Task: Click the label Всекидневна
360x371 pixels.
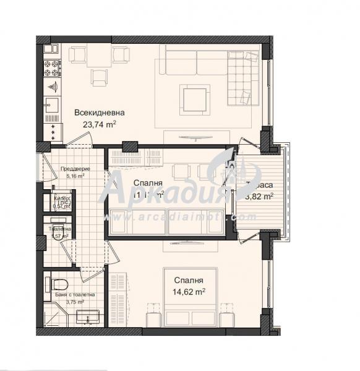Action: [100, 113]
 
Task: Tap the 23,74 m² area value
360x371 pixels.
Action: [100, 124]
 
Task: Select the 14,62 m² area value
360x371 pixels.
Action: [189, 290]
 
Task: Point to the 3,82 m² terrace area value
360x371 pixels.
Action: [260, 197]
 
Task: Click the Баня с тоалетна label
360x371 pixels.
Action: [74, 295]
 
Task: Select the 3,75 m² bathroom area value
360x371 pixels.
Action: [74, 302]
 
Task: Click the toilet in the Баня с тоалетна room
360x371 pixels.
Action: [58, 284]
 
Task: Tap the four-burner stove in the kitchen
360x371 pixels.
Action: [51, 65]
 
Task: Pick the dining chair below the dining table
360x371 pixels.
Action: [99, 77]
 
